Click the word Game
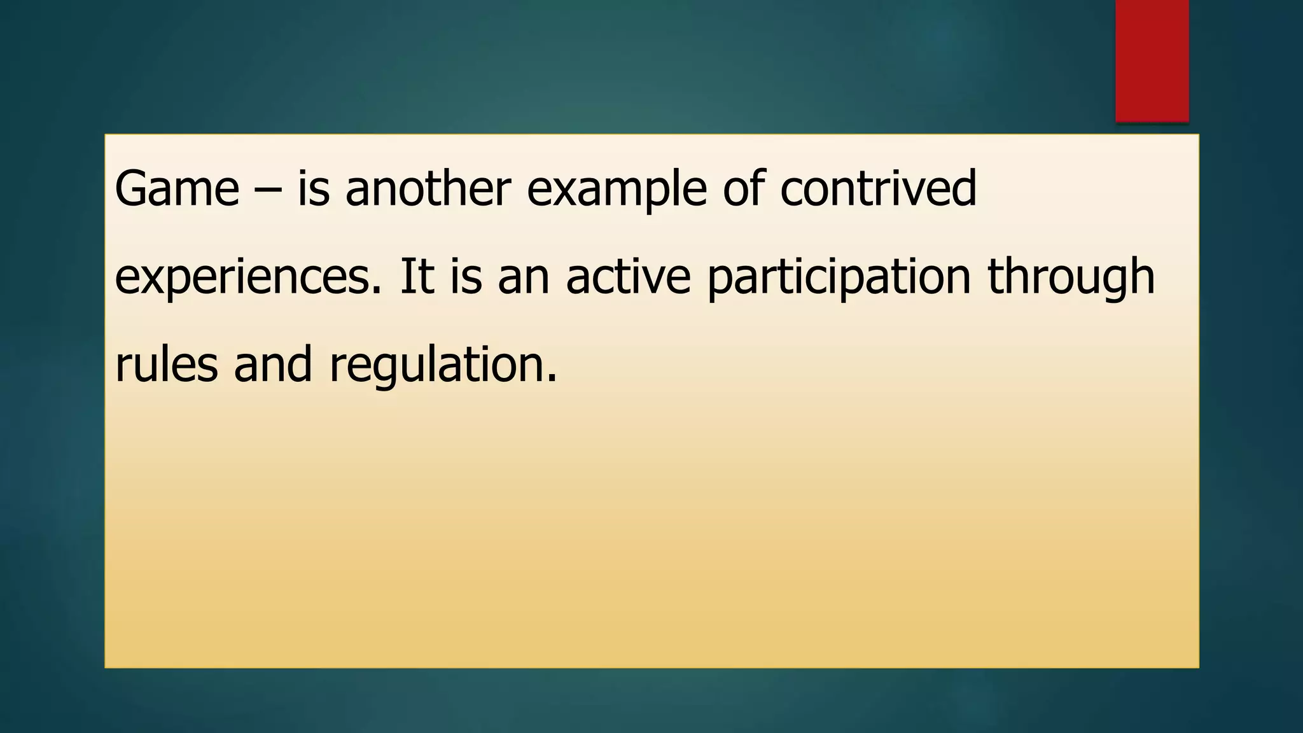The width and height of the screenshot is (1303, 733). coord(177,189)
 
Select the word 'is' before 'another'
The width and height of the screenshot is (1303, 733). coord(314,189)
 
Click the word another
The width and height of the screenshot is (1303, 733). coord(428,189)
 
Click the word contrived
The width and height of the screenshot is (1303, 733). coord(878,189)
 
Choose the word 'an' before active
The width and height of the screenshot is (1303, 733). coord(523,278)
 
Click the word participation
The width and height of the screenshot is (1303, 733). coord(839,278)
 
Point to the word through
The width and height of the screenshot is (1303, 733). coord(1071,278)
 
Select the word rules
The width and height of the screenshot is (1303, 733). coord(166,365)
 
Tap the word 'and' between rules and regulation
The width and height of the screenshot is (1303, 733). coord(273,365)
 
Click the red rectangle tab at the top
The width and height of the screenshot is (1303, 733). coord(1152,60)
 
